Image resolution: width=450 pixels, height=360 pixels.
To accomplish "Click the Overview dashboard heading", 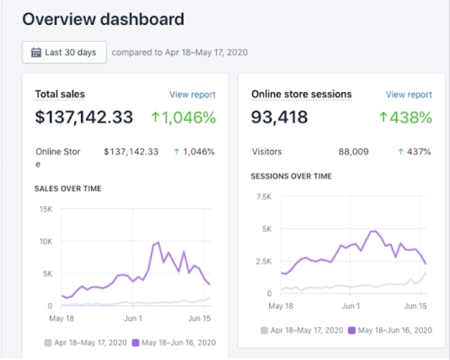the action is click(x=103, y=19).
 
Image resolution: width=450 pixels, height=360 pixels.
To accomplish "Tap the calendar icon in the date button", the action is click(x=36, y=52).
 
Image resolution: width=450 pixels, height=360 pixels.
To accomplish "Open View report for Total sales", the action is click(x=192, y=95).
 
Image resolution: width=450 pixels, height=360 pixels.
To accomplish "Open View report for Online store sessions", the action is click(x=409, y=95).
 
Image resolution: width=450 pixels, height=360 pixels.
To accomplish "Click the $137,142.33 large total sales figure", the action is click(x=84, y=117).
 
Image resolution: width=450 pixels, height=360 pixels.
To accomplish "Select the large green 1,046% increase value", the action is click(x=184, y=117).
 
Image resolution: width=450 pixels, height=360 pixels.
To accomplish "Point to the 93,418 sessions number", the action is click(x=279, y=117).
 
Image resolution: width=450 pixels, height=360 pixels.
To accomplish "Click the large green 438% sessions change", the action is click(x=406, y=117).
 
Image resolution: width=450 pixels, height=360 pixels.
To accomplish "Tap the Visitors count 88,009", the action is click(x=353, y=151).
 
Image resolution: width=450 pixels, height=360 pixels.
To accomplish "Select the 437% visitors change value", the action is click(x=414, y=151).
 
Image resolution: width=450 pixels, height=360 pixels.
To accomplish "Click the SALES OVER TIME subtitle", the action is click(x=68, y=189).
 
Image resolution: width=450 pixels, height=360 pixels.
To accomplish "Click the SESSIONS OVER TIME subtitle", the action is click(x=291, y=176).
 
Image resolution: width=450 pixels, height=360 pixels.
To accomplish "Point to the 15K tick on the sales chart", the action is click(x=46, y=209).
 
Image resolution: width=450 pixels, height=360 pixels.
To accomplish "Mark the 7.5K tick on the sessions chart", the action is click(x=264, y=196).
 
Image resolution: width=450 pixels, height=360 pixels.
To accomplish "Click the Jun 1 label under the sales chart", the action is click(x=133, y=318).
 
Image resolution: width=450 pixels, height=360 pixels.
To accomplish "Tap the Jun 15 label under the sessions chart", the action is click(x=416, y=306).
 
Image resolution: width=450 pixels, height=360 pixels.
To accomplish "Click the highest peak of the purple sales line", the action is click(x=159, y=243).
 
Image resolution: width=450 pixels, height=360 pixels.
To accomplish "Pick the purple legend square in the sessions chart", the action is click(x=352, y=330).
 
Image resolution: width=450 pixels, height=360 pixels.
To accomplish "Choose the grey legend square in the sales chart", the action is click(x=48, y=343).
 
